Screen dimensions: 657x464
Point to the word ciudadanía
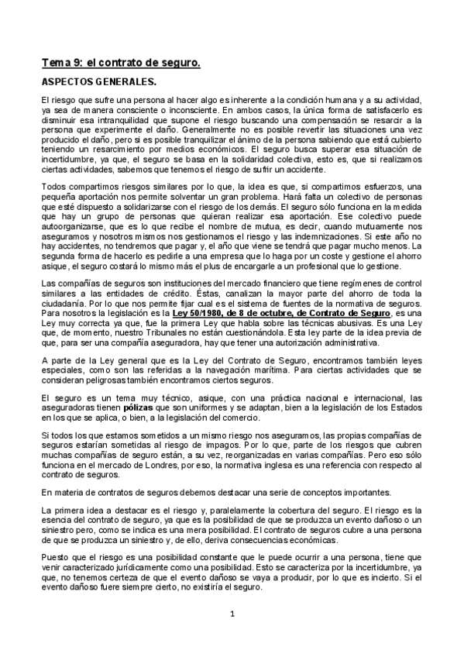point(64,303)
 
